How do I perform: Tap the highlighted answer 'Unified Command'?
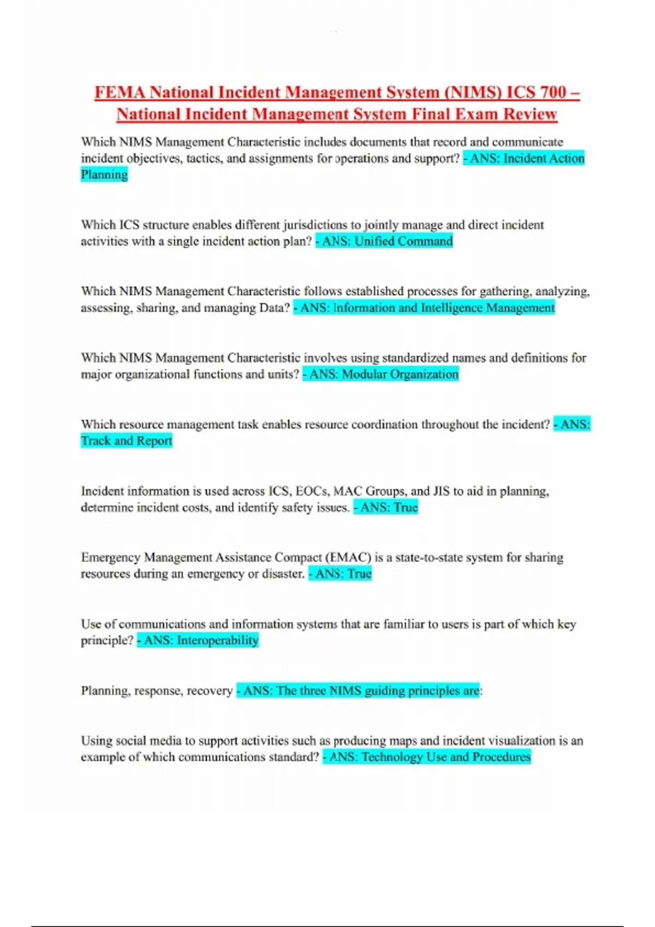(403, 242)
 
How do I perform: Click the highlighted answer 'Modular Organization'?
(400, 375)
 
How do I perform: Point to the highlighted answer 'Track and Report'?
(127, 441)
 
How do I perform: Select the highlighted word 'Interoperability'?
(217, 641)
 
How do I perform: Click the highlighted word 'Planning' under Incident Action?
(104, 175)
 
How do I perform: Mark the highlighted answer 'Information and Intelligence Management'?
(444, 308)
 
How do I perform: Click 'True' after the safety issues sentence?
(406, 508)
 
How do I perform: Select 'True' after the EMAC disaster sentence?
(360, 574)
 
